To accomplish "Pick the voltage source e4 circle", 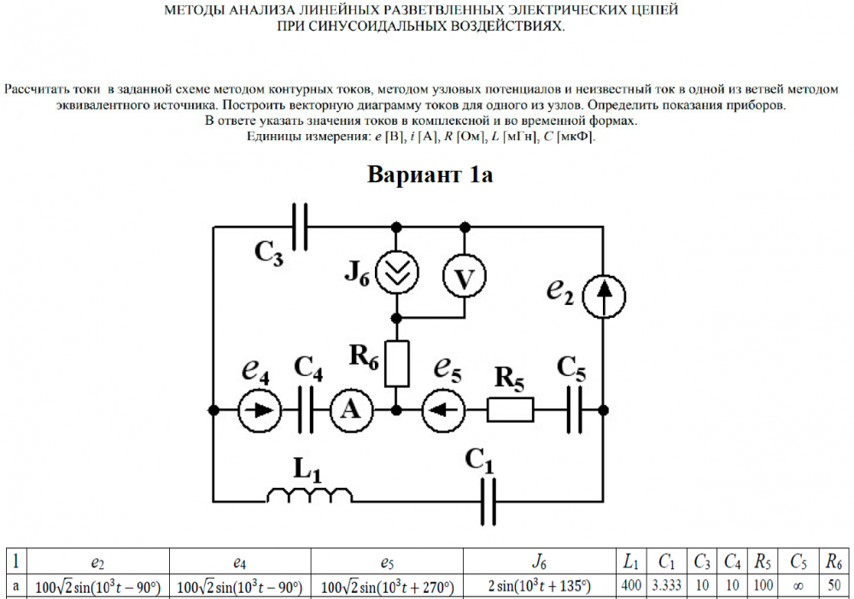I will pos(259,410).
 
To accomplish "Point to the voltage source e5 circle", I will pos(443,410).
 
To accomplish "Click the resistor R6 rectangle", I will pos(397,363).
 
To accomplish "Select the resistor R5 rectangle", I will pos(511,410).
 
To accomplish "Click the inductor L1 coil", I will pos(310,495).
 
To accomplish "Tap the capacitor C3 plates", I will pos(300,226).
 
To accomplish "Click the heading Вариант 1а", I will pos(430,175).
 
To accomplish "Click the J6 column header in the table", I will pos(538,561).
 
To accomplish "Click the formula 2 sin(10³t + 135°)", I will pos(538,587).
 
